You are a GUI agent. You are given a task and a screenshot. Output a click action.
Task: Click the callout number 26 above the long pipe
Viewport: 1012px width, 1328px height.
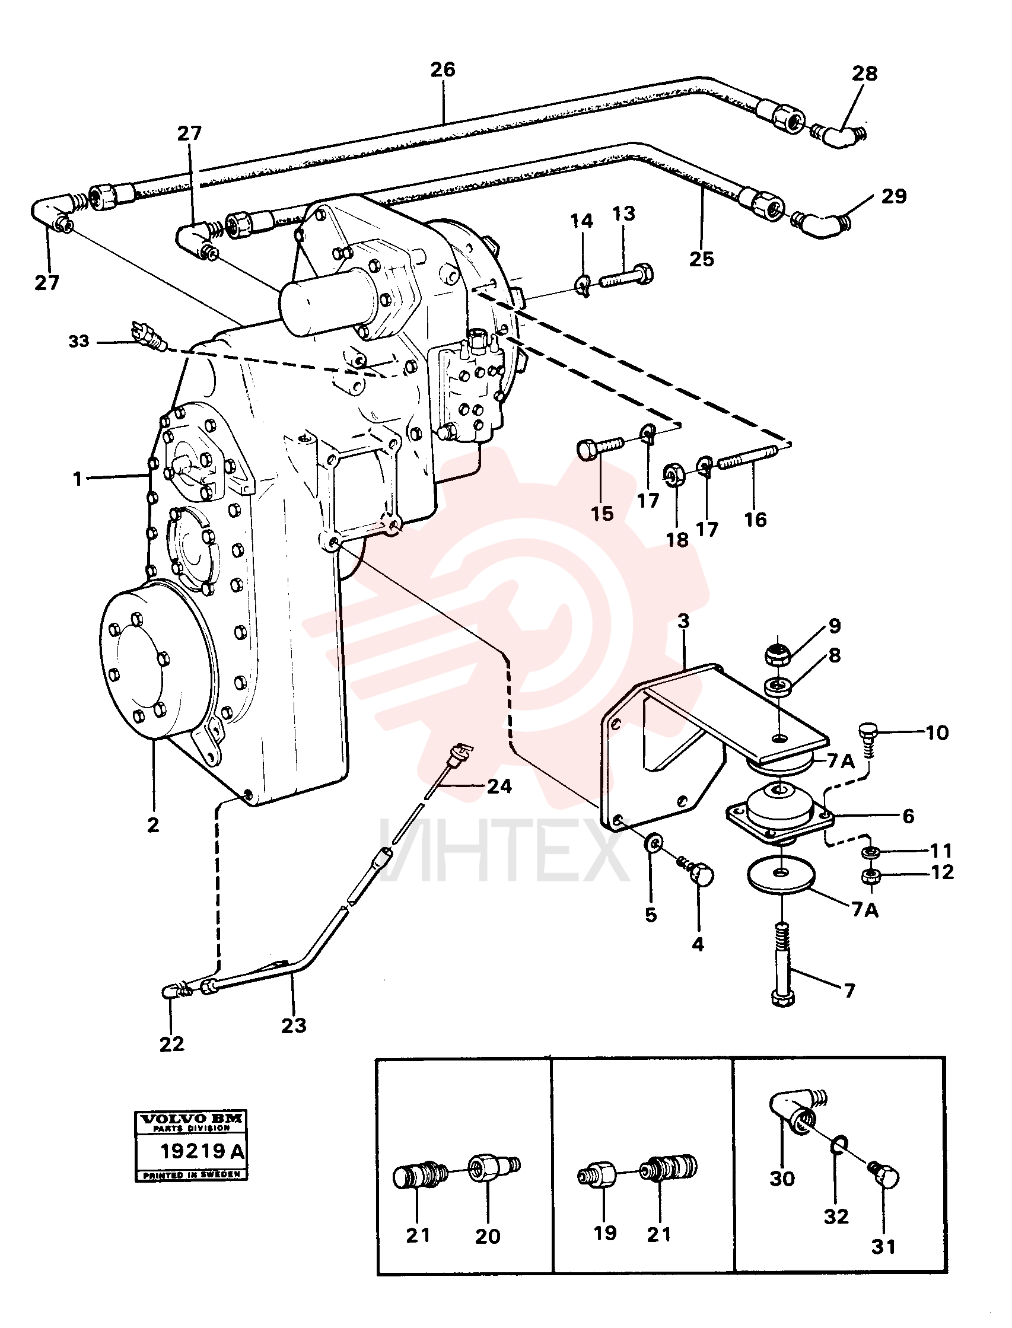[x=443, y=70]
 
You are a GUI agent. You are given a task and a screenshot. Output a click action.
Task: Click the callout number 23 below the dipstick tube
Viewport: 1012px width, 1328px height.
[x=294, y=1024]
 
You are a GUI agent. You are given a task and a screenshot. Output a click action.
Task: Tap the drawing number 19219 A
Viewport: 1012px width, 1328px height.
[x=202, y=1151]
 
